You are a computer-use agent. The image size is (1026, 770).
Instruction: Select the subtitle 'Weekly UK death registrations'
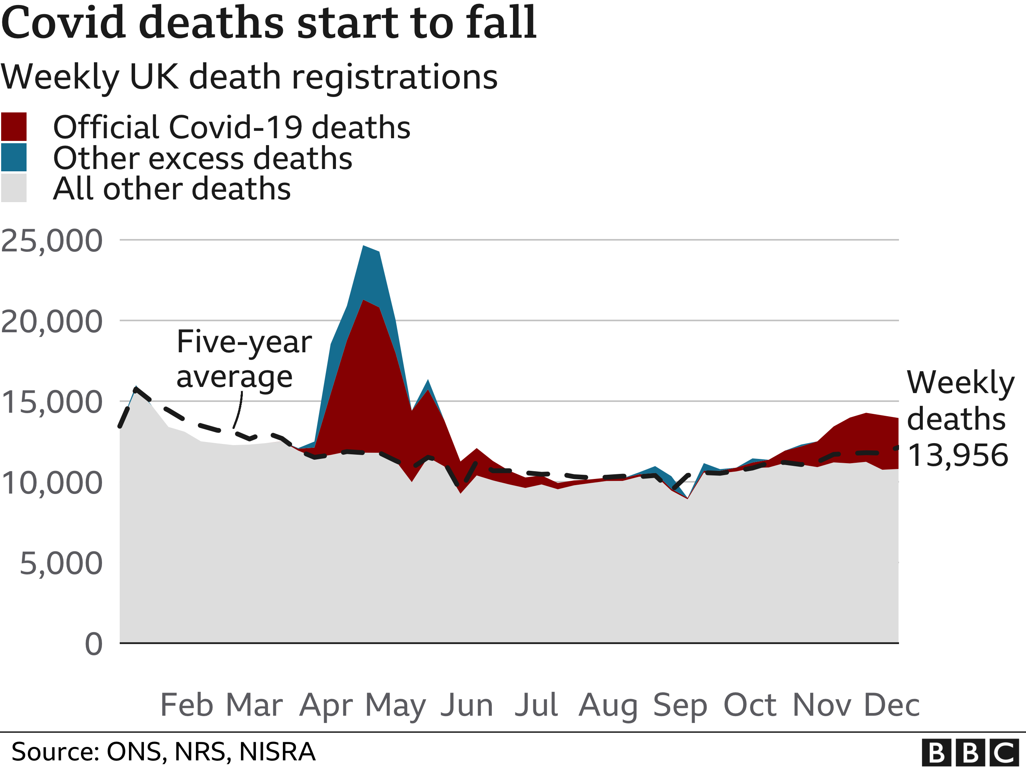[249, 77]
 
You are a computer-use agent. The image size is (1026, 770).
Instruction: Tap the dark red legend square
[13, 127]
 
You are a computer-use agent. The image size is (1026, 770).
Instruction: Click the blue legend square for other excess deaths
[13, 157]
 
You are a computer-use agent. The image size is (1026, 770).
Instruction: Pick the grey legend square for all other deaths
[13, 188]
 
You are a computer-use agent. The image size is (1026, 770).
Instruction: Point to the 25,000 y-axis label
[52, 241]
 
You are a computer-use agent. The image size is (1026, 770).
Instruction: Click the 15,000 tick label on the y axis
[52, 402]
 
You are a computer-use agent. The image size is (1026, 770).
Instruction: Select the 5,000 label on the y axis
[61, 564]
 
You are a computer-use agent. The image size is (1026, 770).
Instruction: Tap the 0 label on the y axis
[93, 644]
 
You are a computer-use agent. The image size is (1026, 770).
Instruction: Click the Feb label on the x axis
[187, 705]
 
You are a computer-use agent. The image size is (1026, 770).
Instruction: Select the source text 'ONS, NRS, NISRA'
[211, 752]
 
